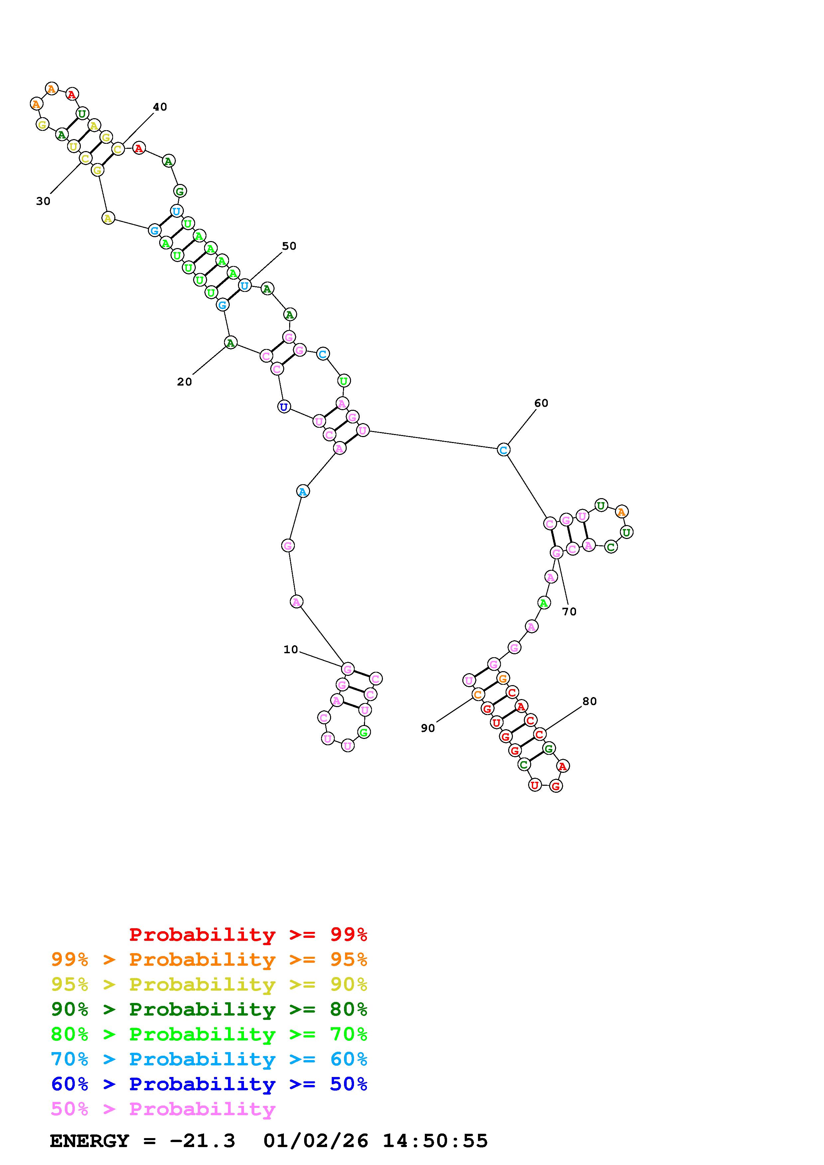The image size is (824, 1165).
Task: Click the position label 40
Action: [x=160, y=107]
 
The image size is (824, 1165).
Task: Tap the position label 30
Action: [x=43, y=202]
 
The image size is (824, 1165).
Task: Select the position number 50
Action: [x=289, y=246]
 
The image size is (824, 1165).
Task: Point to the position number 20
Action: [x=184, y=382]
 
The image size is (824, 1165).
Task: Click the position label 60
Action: [x=541, y=403]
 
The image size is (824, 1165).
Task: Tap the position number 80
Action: [x=589, y=701]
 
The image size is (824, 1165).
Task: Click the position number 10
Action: [x=291, y=650]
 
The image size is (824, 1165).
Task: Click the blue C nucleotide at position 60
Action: [x=503, y=450]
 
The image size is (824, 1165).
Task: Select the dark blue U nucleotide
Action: [x=284, y=406]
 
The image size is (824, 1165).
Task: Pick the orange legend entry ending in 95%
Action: [x=209, y=959]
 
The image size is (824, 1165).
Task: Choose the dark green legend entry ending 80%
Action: [x=209, y=1009]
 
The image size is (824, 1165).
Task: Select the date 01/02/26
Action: [x=316, y=1141]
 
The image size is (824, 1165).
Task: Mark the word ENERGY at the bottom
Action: [x=89, y=1141]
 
